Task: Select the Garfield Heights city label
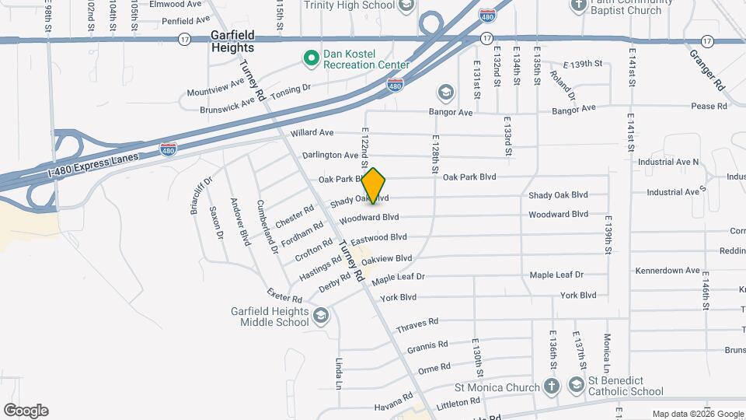point(233,41)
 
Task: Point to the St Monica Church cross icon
point(551,387)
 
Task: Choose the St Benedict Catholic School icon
point(576,384)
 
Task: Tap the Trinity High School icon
point(406,6)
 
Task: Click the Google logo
point(26,411)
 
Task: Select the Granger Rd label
point(706,68)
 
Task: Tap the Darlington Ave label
point(330,156)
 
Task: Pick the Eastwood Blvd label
point(378,237)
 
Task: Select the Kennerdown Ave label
point(668,271)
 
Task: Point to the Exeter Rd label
point(284,296)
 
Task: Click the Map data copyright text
point(697,414)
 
